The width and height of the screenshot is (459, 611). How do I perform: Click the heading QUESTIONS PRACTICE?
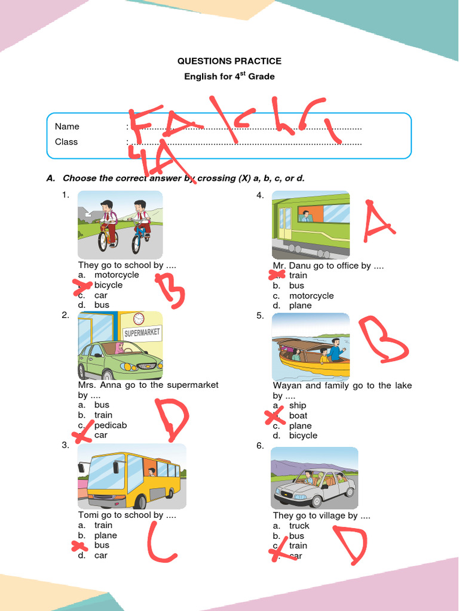click(229, 61)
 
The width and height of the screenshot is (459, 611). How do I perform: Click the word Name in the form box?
click(67, 126)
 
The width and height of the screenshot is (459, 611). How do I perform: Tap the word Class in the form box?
click(66, 142)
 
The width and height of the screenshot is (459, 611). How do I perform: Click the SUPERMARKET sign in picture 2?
click(142, 333)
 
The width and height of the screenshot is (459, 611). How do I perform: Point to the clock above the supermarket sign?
click(139, 319)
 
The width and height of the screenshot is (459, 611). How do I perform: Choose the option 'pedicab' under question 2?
click(111, 425)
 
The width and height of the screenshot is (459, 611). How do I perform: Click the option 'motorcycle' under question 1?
click(117, 275)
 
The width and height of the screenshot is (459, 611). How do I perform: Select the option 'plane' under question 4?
click(300, 305)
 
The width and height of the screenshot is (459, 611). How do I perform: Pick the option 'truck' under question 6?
click(299, 526)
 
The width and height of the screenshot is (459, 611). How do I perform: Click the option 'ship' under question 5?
click(298, 406)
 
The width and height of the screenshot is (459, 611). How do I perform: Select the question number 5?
click(260, 316)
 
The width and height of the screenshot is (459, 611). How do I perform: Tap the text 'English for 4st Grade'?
click(229, 76)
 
